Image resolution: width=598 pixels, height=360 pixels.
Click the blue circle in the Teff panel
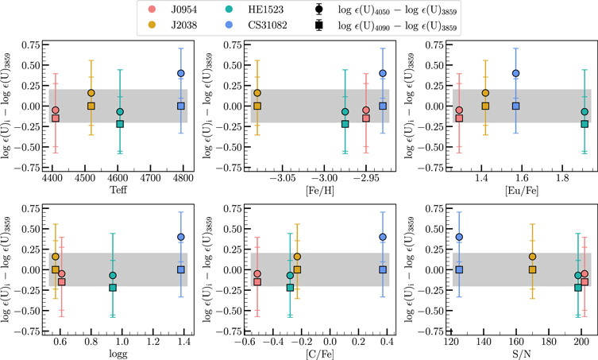tap(181, 73)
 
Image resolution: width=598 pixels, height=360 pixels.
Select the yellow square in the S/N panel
tap(532, 270)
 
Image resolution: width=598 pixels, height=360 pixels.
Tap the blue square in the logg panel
tap(181, 269)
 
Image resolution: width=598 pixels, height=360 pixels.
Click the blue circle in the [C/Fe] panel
tap(383, 237)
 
